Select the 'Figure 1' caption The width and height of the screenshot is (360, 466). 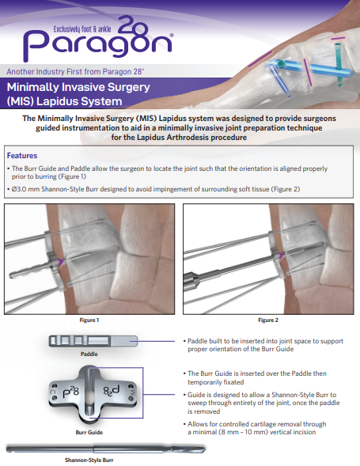[x=88, y=320]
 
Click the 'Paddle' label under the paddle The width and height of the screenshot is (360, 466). [x=89, y=354]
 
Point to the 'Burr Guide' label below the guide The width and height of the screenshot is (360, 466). [x=89, y=433]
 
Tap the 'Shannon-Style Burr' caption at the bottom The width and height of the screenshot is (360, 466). [x=89, y=459]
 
